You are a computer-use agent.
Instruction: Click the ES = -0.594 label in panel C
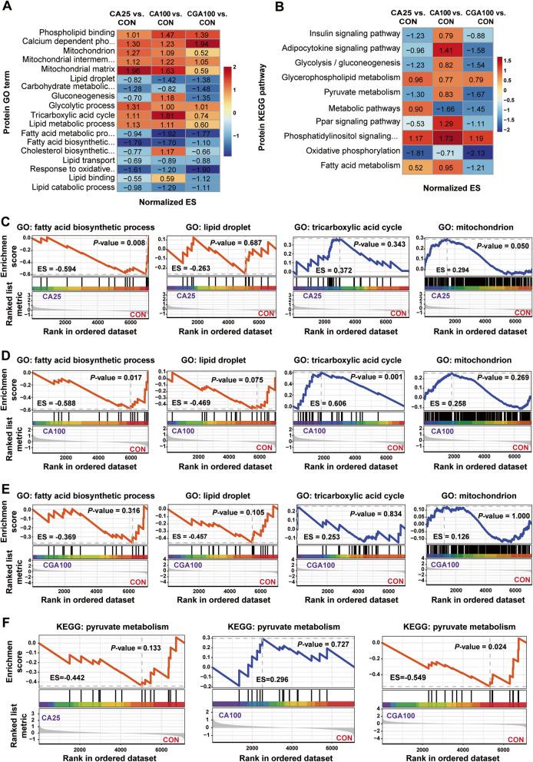pyautogui.click(x=51, y=293)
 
